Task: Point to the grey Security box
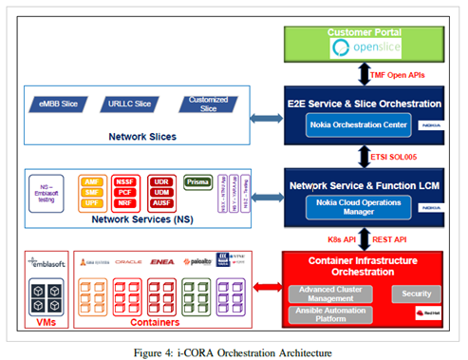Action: (416, 268)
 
